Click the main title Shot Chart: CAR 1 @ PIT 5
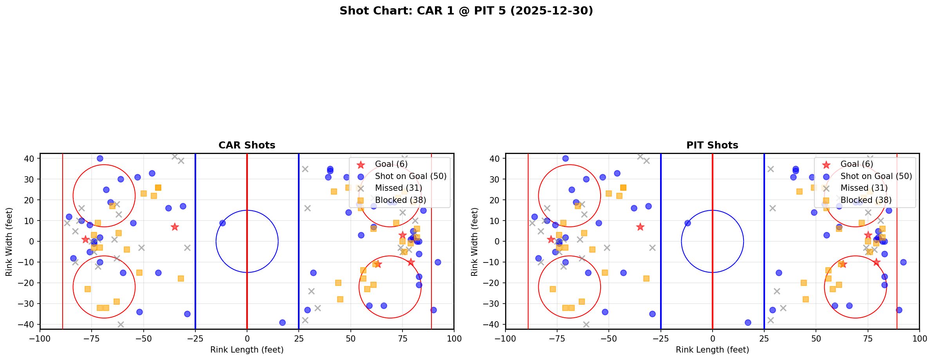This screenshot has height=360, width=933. coord(466,11)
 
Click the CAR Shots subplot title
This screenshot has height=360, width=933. coord(247,145)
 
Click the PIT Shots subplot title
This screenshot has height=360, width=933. coord(712,145)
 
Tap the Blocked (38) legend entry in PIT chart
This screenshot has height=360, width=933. coord(866,200)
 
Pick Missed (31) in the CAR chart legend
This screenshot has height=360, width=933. coord(398,188)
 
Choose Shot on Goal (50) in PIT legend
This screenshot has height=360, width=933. coord(876,176)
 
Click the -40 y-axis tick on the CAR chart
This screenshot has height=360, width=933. coord(29,324)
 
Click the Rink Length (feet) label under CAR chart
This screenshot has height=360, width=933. coord(247,350)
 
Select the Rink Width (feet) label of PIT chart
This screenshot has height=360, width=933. coord(475,241)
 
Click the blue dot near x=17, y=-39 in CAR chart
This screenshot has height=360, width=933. coord(282,322)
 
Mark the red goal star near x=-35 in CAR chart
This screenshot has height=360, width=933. coord(175,227)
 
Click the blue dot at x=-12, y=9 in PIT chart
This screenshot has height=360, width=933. coord(688,223)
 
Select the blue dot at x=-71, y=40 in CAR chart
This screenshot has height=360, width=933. coord(100,159)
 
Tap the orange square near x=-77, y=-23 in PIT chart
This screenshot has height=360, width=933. coord(553,289)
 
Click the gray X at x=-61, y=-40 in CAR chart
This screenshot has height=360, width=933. coord(121,324)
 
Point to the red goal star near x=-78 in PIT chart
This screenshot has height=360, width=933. coord(551,239)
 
